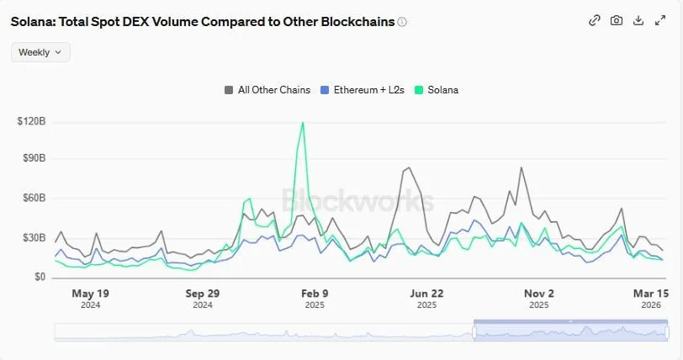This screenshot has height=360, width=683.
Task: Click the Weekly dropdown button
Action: pos(40,52)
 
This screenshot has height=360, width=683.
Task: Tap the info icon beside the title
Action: pos(402,22)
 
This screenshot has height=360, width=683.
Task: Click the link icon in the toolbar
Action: pos(595,20)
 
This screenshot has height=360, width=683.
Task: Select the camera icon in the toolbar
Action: pos(617,20)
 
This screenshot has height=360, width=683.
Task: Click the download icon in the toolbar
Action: pos(638,20)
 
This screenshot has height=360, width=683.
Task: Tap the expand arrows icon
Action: pos(660,20)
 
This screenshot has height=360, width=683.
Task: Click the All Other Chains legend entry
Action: pos(267,90)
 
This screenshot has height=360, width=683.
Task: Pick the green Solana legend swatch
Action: pos(419,90)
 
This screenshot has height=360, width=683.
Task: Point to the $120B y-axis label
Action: pos(31,122)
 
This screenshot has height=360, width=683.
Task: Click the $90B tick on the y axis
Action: pos(34,158)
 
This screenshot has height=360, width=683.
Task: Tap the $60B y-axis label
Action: pos(34,198)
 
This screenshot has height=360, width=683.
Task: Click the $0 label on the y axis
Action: pos(39,277)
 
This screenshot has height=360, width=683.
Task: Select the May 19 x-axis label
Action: pos(91,294)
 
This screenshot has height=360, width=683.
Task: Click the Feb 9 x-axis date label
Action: pos(315,294)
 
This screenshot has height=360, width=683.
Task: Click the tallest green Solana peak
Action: pos(303,123)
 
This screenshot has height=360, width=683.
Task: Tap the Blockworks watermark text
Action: pos(357,200)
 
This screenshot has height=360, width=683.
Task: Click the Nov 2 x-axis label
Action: pos(539,294)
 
